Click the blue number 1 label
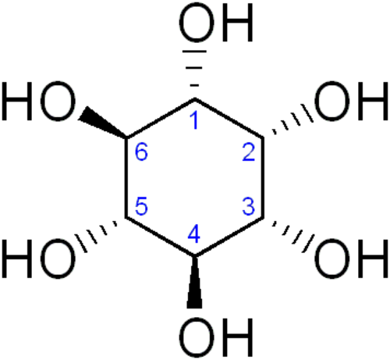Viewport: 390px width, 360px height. (x=195, y=121)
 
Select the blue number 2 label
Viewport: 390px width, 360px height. (x=249, y=152)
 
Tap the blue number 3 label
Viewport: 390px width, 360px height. (x=249, y=206)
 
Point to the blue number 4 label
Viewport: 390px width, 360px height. (x=194, y=234)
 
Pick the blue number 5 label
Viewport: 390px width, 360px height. (x=141, y=206)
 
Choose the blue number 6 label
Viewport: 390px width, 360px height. (x=141, y=152)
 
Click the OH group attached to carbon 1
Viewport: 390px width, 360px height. (x=216, y=23)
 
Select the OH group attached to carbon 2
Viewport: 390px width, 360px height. (x=352, y=101)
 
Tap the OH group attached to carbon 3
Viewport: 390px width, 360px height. (x=352, y=258)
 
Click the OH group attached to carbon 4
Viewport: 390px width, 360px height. (x=216, y=337)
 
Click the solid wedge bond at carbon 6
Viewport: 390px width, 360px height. (x=102, y=122)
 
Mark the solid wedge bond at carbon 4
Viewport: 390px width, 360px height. (x=194, y=282)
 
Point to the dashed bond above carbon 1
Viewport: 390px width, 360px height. (x=194, y=69)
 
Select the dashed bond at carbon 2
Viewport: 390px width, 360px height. (x=292, y=119)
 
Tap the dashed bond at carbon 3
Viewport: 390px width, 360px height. (x=293, y=237)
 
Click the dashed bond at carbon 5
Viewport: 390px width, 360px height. (x=96, y=237)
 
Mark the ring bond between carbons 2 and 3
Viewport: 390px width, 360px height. (x=263, y=177)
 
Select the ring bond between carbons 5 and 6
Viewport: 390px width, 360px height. (x=126, y=177)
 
